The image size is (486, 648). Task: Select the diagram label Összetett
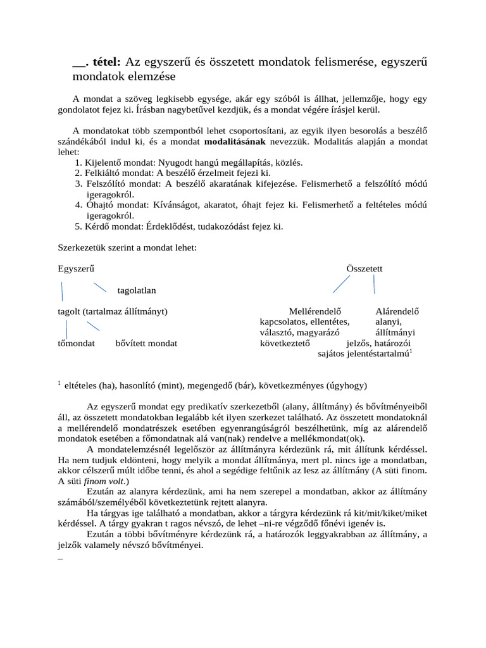pos(364,268)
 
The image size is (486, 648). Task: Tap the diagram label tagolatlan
pos(136,290)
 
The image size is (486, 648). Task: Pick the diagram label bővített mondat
pos(146,343)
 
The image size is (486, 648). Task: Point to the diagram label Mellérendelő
pos(315,311)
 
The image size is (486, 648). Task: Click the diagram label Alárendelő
pos(397,311)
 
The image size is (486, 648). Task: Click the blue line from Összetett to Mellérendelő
pos(341,284)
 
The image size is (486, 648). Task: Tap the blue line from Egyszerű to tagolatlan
pos(99,288)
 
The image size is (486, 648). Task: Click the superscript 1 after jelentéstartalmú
pos(411,351)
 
